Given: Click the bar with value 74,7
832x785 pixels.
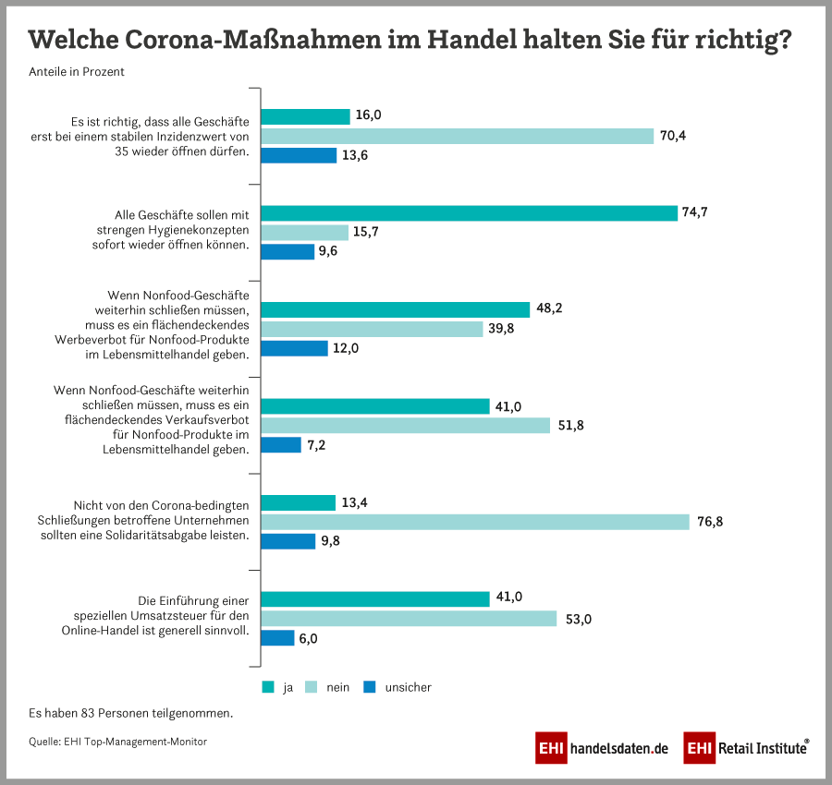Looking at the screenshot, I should pyautogui.click(x=469, y=212).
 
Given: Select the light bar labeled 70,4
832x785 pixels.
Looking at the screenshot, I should pyautogui.click(x=458, y=136).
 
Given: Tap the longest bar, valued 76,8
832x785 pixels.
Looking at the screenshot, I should pyautogui.click(x=475, y=522).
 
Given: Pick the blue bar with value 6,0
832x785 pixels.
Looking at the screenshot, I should pyautogui.click(x=277, y=637).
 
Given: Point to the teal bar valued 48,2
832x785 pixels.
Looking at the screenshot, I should pyautogui.click(x=395, y=308).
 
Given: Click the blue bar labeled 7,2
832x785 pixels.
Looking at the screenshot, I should pyautogui.click(x=281, y=445).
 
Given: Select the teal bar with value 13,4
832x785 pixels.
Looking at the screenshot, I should pyautogui.click(x=298, y=502).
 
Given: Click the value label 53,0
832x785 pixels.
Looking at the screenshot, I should pyautogui.click(x=578, y=618).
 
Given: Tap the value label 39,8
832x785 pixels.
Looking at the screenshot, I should pyautogui.click(x=505, y=329).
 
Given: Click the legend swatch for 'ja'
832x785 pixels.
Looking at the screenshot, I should pyautogui.click(x=268, y=687).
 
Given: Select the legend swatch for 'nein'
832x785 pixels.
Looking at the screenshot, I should pyautogui.click(x=312, y=687).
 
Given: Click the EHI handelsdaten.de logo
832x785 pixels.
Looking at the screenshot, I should pyautogui.click(x=602, y=747).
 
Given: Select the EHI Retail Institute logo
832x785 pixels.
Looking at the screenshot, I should pyautogui.click(x=747, y=747).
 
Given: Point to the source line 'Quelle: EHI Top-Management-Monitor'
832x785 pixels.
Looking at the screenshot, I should pyautogui.click(x=117, y=742).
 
